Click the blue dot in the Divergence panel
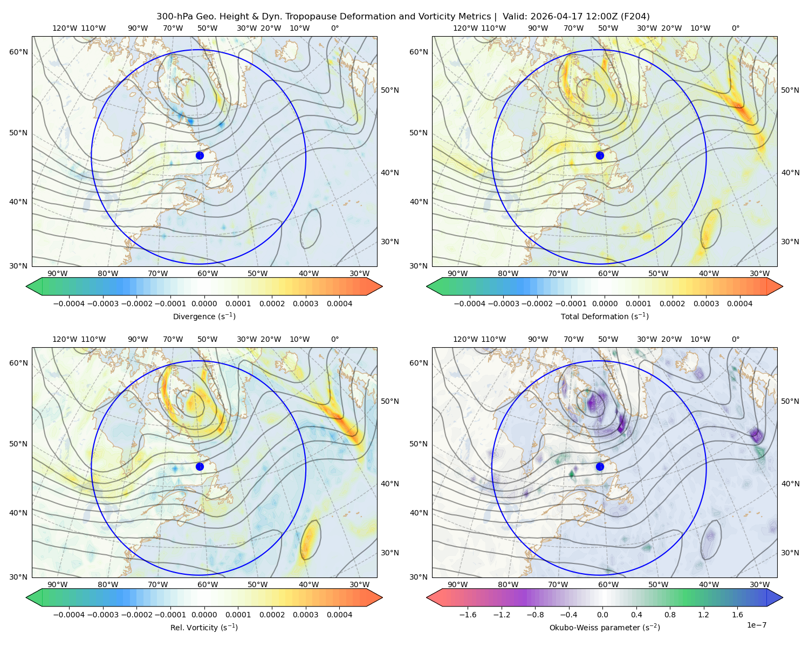[200, 155]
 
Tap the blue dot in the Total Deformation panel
[600, 155]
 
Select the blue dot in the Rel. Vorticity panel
[200, 466]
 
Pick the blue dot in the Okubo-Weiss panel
[600, 466]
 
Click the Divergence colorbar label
[204, 316]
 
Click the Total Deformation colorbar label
[605, 316]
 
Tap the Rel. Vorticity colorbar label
[204, 627]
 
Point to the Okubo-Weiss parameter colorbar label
[605, 627]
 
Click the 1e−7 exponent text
[756, 625]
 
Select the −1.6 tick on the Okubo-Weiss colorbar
[468, 614]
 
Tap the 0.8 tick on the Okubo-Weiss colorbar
[670, 614]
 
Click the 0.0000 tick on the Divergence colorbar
[204, 304]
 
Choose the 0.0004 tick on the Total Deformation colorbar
[739, 304]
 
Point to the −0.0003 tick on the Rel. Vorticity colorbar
[102, 614]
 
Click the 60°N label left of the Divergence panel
[18, 52]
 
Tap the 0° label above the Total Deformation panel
[735, 28]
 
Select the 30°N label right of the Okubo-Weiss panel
[790, 552]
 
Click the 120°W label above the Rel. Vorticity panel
[65, 339]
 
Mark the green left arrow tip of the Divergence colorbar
[26, 286]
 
